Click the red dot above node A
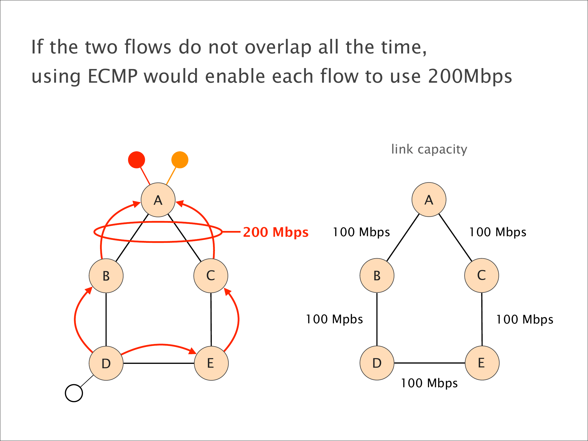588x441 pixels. [136, 160]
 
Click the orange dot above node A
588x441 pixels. [180, 160]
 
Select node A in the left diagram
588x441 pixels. [158, 200]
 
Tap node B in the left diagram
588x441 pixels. [106, 276]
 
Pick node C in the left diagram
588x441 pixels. [211, 276]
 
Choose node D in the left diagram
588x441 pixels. [106, 363]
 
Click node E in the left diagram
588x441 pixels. [211, 363]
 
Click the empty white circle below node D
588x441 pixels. [74, 393]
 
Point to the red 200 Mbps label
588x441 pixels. [276, 232]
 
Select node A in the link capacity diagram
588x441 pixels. [429, 200]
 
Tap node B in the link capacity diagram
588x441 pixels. [377, 276]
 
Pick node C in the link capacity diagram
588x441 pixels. [482, 276]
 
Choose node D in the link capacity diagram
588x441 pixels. [377, 363]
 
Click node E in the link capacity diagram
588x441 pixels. [482, 363]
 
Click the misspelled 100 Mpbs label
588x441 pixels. [334, 319]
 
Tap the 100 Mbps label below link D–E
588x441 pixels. [429, 383]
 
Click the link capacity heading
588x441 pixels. [429, 149]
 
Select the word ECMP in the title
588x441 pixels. [112, 76]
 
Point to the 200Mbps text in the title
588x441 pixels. [470, 76]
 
